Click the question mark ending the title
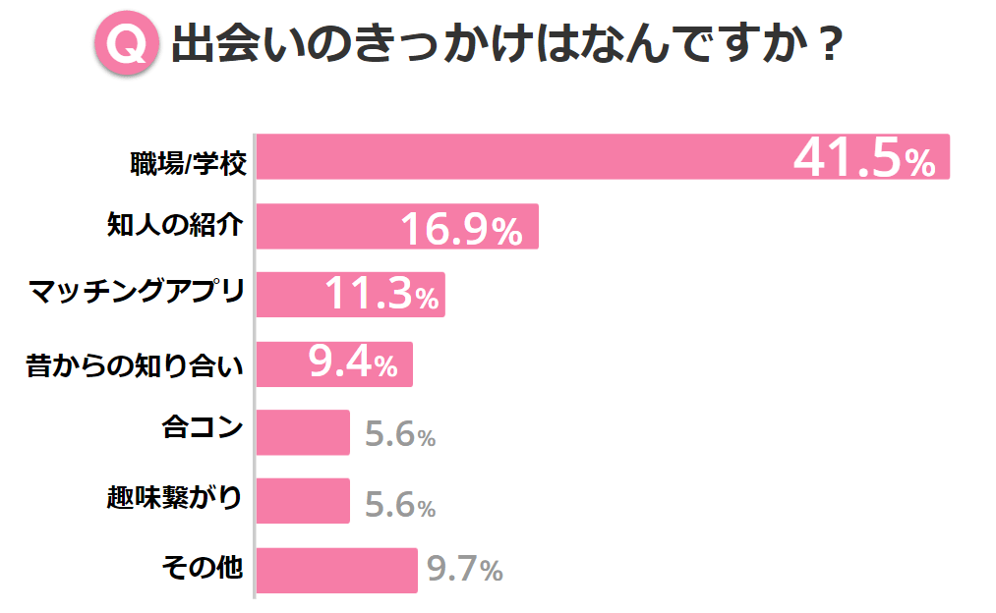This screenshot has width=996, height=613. pos(828,46)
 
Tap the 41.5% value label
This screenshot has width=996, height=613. pos(863,159)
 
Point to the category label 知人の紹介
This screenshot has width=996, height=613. pos(175,226)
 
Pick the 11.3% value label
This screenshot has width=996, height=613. pos(381,296)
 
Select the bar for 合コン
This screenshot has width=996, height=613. pos(303,432)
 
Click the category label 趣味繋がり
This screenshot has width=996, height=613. pos(174,499)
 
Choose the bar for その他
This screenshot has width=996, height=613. pos(336,570)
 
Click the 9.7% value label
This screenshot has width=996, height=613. pos(465,570)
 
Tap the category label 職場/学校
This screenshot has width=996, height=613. pos(187,161)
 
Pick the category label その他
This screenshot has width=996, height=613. pos(202,568)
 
